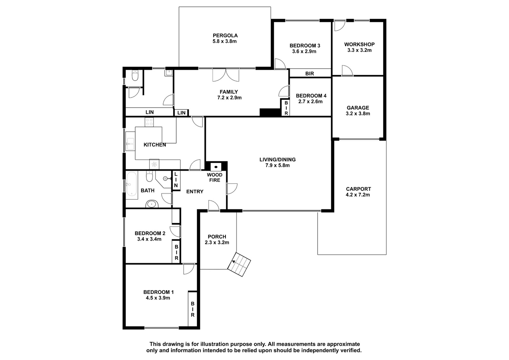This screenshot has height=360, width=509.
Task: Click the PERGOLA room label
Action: (225, 35)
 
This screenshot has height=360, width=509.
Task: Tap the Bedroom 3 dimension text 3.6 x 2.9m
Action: (304, 51)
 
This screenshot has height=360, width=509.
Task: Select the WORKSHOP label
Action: (359, 44)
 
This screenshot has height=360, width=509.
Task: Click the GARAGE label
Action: (358, 108)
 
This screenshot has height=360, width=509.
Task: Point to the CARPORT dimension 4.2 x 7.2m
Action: (358, 195)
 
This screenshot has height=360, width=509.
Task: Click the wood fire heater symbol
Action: (216, 167)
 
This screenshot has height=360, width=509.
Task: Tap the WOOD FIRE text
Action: (214, 177)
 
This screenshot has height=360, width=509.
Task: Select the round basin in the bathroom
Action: (151, 204)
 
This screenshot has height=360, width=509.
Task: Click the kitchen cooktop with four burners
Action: (149, 122)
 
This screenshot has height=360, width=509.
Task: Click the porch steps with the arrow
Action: (239, 264)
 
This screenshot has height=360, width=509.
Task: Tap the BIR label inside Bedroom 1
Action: (192, 309)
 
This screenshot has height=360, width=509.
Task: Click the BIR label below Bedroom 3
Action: (310, 73)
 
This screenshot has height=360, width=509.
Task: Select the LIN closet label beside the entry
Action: (176, 180)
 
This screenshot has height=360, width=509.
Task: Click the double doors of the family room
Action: (226, 75)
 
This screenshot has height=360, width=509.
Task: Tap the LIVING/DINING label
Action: (277, 159)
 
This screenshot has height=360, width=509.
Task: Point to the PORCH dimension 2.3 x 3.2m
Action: (217, 242)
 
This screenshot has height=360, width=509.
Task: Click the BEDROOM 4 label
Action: (311, 96)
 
